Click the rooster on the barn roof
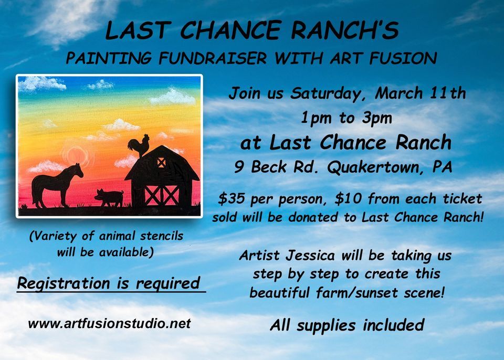tap(140, 145)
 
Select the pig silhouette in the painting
tap(109, 197)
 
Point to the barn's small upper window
tap(161, 163)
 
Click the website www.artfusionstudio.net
tap(109, 323)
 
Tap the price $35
tap(230, 199)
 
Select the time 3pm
tap(376, 118)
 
